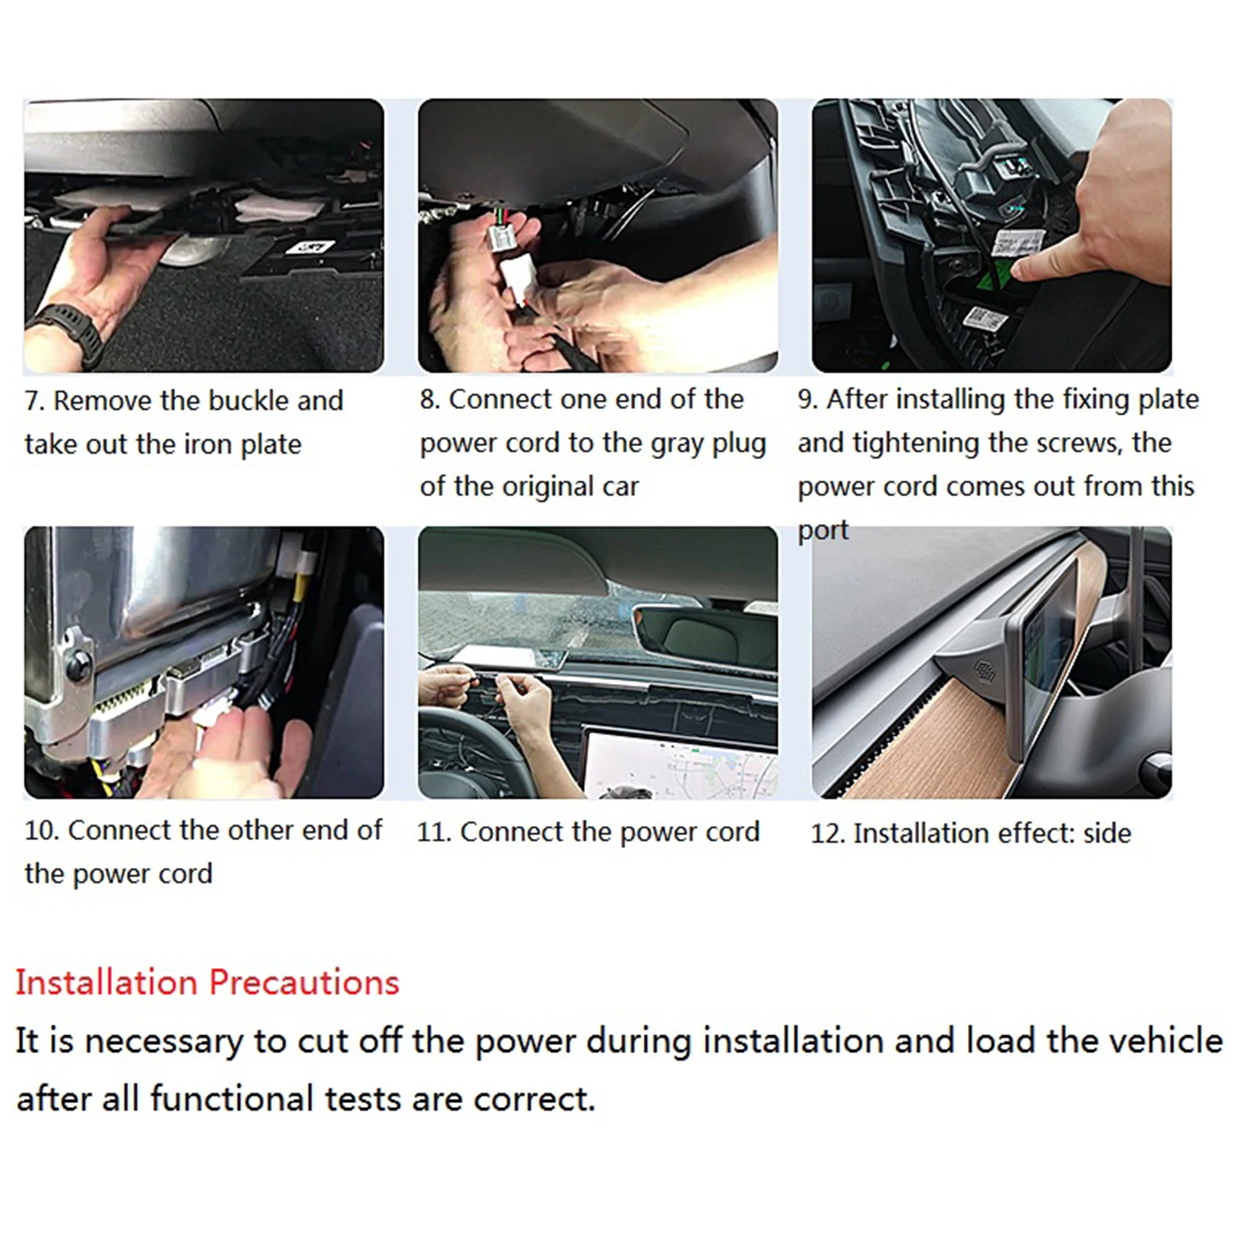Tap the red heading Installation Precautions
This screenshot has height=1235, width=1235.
pyautogui.click(x=208, y=983)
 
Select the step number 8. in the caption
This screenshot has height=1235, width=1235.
pyautogui.click(x=430, y=399)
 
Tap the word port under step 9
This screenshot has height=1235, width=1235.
pyautogui.click(x=823, y=531)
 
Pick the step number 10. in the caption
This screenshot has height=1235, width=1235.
pyautogui.click(x=42, y=831)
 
